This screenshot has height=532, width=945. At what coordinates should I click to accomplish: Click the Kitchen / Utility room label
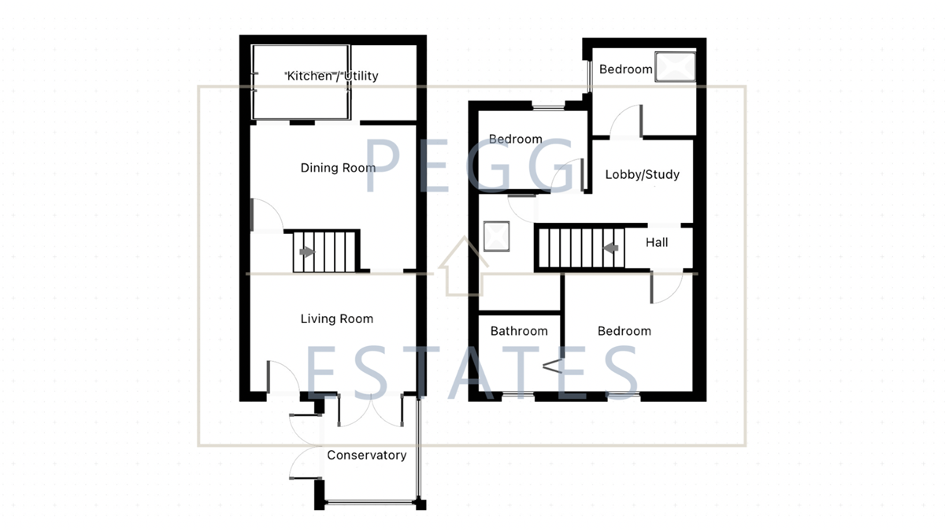coord(332,76)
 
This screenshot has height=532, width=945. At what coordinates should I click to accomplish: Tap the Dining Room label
coord(338,168)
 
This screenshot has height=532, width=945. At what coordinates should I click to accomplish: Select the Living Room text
coord(337,319)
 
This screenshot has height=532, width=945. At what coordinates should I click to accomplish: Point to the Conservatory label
coord(367,456)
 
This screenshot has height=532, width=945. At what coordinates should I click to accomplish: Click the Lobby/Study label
coord(642,174)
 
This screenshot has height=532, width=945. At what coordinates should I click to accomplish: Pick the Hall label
coord(657,243)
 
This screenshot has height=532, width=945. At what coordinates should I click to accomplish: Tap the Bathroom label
coord(519,331)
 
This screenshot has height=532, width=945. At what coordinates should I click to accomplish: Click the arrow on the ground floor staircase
coord(306,252)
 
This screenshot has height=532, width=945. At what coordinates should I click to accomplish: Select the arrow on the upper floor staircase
coord(610,247)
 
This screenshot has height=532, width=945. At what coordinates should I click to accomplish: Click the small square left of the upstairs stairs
coord(497,235)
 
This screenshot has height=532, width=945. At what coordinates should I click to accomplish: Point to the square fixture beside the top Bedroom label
coord(676,66)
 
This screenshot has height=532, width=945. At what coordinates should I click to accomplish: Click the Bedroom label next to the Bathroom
coord(624,331)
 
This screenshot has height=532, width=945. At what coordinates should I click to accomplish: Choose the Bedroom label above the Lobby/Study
coord(626,69)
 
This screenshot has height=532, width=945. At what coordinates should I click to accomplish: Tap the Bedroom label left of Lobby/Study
coord(516,140)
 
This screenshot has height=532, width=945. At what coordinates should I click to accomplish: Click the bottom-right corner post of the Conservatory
coord(421,504)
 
